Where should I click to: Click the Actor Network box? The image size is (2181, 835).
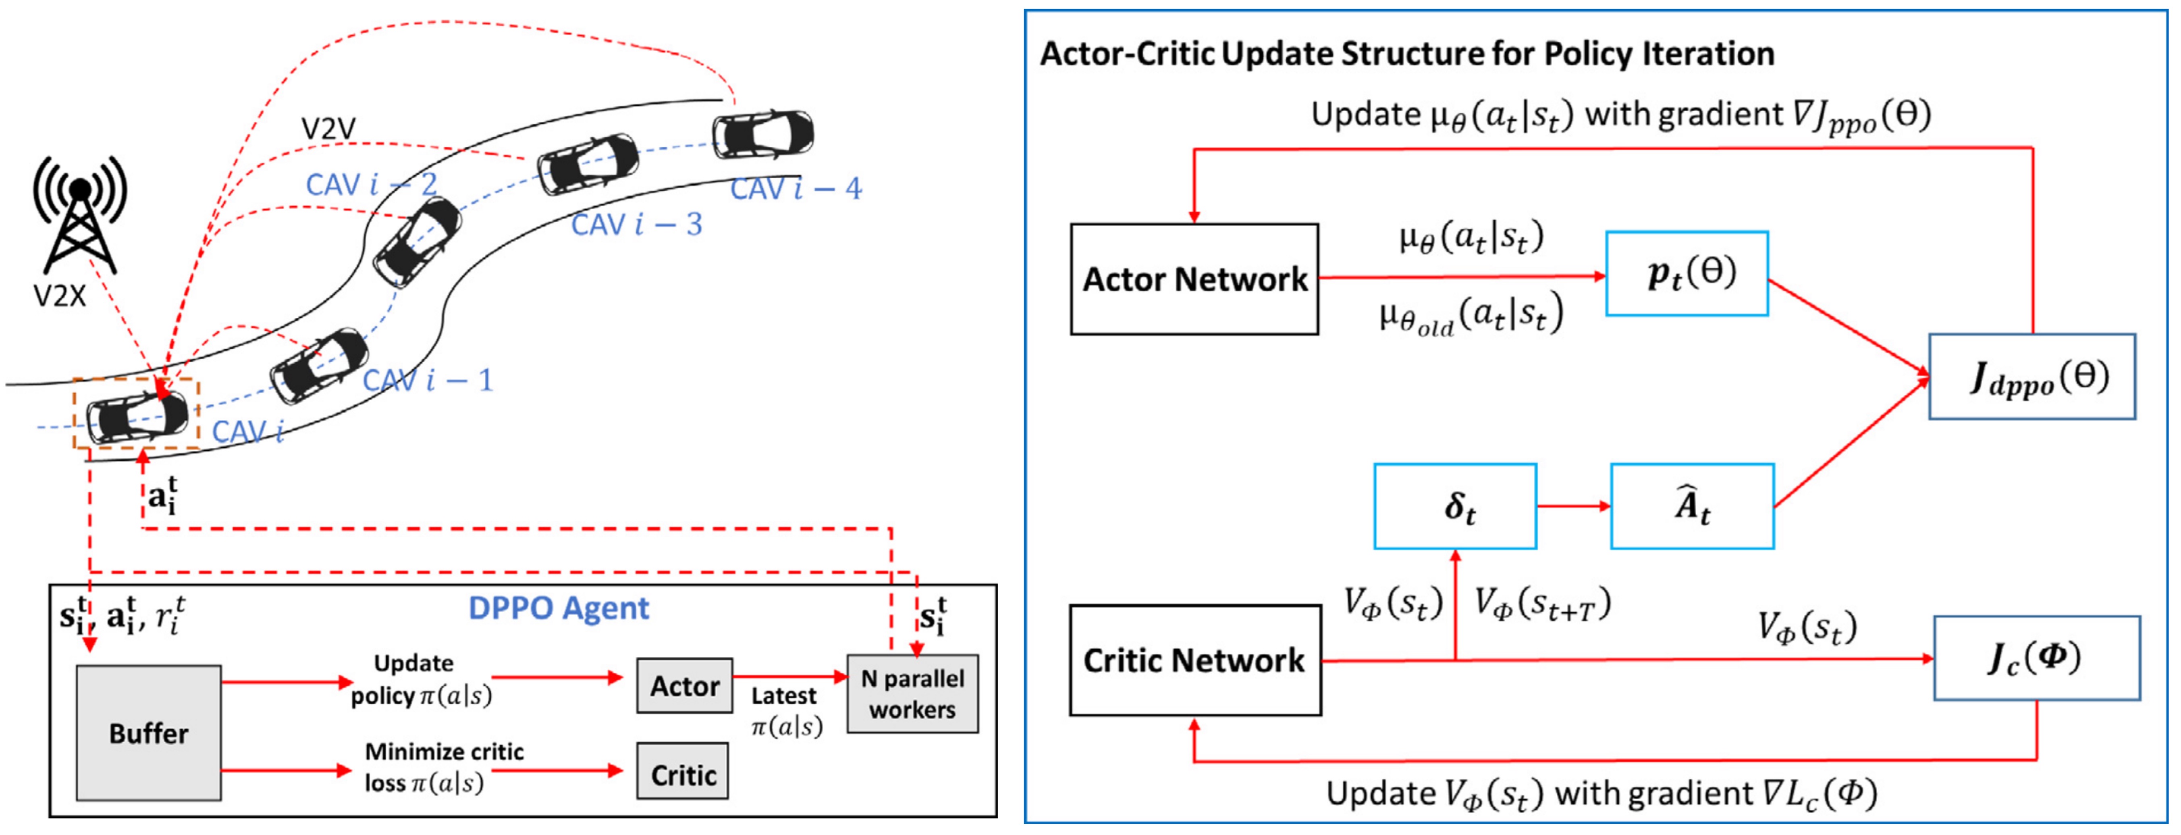(1194, 279)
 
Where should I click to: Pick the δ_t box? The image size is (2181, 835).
(1454, 506)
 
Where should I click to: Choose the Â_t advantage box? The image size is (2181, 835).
(1692, 506)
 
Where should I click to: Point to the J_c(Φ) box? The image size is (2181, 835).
(2036, 658)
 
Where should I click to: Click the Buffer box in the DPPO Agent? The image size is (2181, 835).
(149, 733)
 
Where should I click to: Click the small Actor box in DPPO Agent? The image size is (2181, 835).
(684, 685)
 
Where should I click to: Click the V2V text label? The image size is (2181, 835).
(328, 129)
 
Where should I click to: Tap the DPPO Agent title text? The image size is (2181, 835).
(559, 608)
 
